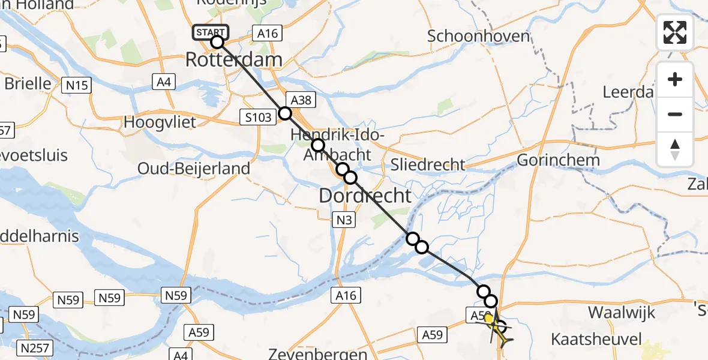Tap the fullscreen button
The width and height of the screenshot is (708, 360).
pos(675,32)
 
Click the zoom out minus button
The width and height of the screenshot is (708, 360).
pos(675,114)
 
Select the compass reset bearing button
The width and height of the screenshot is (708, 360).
pos(675,149)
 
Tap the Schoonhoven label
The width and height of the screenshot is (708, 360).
pos(479,36)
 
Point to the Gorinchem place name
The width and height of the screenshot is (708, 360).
pos(558,160)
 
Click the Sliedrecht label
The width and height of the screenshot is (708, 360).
pos(428,164)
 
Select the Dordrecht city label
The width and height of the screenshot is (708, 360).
pos(365,195)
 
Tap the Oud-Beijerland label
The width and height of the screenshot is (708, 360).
pos(194,169)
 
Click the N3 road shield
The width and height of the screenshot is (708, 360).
pos(343,221)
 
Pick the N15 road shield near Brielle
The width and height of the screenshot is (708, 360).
pos(77,85)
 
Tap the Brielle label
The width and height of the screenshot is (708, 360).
pos(28,83)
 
